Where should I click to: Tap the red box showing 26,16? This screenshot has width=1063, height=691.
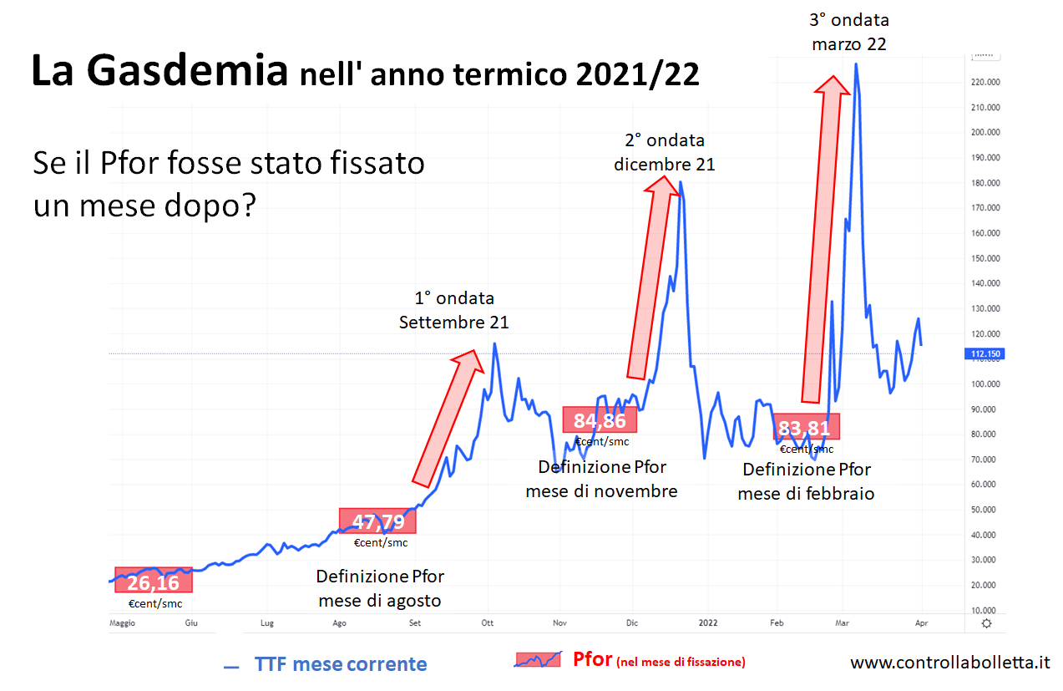[154, 581]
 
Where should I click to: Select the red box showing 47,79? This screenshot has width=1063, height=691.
[377, 521]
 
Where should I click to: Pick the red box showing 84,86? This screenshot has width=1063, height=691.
[600, 420]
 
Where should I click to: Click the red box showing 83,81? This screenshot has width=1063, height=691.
[806, 427]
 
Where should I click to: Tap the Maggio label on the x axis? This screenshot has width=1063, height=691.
[122, 623]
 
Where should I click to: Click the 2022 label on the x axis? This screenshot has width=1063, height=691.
[707, 623]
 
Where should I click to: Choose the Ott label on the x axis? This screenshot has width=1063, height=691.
[488, 623]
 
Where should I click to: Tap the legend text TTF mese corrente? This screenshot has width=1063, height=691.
[341, 665]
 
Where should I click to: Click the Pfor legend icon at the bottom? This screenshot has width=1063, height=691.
[539, 660]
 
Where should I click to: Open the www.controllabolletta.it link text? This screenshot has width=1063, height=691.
[950, 663]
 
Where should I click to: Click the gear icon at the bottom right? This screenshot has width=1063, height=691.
[987, 623]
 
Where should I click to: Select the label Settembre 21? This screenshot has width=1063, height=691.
[453, 323]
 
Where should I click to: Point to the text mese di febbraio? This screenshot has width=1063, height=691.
[806, 494]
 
